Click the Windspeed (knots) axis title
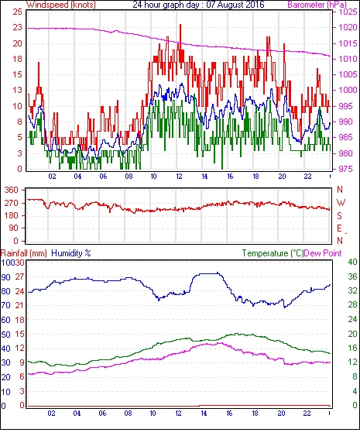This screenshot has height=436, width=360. (61, 5)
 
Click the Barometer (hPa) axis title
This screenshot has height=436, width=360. (317, 5)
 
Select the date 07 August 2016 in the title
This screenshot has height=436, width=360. (235, 5)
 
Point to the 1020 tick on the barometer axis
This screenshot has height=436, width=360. (348, 27)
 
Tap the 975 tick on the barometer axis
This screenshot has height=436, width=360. (346, 169)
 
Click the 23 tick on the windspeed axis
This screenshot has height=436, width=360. (17, 27)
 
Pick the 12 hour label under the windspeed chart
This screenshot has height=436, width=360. (179, 177)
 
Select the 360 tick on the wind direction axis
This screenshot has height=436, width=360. (12, 190)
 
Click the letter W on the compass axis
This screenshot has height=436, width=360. (341, 203)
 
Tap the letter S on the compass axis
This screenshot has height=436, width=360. (339, 215)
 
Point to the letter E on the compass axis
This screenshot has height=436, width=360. (339, 228)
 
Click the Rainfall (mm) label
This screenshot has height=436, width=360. (24, 253)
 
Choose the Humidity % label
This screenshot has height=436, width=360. (71, 253)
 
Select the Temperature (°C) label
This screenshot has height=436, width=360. (273, 253)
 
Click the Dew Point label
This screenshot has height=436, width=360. (323, 253)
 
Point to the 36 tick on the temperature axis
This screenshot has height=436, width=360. (352, 276)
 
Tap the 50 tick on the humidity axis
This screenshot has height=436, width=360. (6, 335)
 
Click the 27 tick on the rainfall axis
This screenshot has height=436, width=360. (19, 277)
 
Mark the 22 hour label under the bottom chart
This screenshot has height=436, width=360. (307, 413)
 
